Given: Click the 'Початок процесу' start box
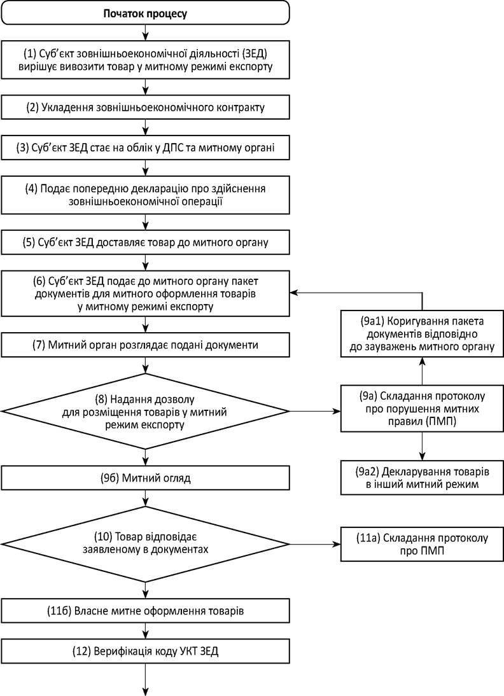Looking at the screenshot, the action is click(145, 13).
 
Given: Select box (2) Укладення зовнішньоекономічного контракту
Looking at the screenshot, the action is click(145, 108).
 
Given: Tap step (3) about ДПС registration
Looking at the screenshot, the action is click(145, 148).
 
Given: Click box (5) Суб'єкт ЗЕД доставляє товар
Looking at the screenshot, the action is click(145, 242).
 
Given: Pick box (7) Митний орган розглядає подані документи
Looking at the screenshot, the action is click(145, 345).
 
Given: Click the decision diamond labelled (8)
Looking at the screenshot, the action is click(145, 412).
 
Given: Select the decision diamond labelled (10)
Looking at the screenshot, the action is click(145, 544).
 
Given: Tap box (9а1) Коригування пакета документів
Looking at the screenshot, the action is click(422, 333).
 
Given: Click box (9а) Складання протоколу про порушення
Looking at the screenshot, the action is click(422, 408).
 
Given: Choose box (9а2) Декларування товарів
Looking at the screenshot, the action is click(422, 478).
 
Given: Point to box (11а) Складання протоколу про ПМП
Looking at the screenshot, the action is click(422, 544).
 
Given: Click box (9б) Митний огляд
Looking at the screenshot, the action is click(145, 478).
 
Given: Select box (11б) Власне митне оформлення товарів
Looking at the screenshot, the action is click(145, 611).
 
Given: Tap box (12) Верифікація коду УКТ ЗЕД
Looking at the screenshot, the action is click(145, 651).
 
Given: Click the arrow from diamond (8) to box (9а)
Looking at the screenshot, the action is click(315, 412).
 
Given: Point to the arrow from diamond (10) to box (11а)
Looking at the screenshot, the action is click(315, 544).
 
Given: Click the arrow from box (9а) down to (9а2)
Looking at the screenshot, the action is click(422, 446).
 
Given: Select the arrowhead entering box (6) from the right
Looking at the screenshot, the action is click(295, 293).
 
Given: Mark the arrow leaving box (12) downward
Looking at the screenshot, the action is click(145, 679).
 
